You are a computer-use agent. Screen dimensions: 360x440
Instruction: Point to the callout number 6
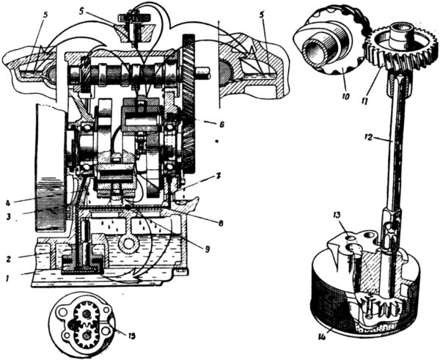tap(210, 125)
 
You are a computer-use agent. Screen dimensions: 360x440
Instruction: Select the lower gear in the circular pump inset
tap(85, 336)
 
